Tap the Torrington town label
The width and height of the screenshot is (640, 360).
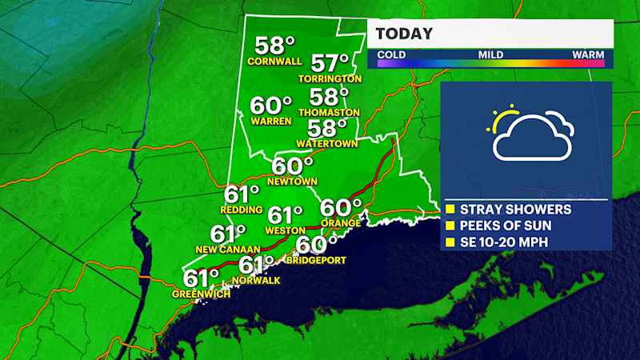coord(330,78)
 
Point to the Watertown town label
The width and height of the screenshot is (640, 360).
coord(326,143)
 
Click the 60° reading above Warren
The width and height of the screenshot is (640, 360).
coord(270,106)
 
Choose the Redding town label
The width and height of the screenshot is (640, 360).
coord(242,210)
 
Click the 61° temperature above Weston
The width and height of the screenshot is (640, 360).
coord(286,215)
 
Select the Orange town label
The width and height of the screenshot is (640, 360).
coord(336,222)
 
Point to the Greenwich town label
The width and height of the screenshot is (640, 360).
coord(201,294)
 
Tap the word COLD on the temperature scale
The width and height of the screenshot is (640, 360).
coord(391,54)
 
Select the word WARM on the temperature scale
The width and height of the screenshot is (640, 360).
coord(587,54)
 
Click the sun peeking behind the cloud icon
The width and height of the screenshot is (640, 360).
coord(504,118)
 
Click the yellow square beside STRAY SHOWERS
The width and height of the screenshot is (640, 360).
coord(450,210)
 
